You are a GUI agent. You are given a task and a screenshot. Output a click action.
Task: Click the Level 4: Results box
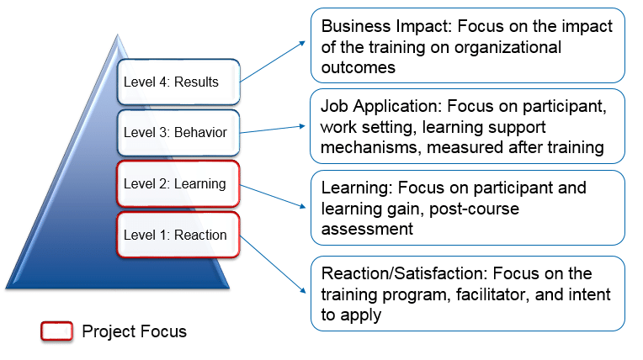pyautogui.click(x=179, y=82)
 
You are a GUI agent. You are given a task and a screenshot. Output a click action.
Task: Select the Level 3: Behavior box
pyautogui.click(x=179, y=132)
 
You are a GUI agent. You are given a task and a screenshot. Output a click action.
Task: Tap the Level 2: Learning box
pyautogui.click(x=179, y=183)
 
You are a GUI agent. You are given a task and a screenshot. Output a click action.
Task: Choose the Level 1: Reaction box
pyautogui.click(x=179, y=235)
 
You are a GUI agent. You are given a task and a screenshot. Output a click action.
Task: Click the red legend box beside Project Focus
pyautogui.click(x=56, y=331)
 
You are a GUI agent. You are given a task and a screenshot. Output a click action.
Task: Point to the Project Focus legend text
pyautogui.click(x=134, y=331)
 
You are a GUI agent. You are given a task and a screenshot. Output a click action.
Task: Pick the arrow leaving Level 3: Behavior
pyautogui.click(x=274, y=129)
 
